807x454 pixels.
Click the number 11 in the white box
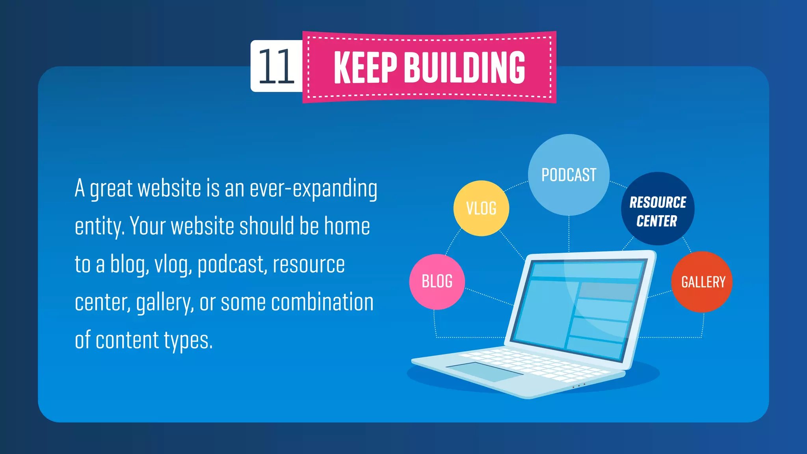(x=276, y=66)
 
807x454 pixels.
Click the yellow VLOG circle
(x=481, y=208)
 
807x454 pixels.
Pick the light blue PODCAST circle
(x=569, y=175)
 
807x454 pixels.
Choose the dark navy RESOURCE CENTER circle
(x=657, y=209)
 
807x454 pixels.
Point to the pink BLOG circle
(x=437, y=282)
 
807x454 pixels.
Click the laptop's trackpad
(x=485, y=371)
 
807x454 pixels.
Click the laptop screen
(x=579, y=307)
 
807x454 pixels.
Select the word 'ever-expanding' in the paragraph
(x=313, y=189)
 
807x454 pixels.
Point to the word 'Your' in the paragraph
(x=148, y=227)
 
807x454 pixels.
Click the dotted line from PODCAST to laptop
(x=569, y=233)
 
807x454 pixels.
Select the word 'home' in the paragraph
(x=347, y=227)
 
